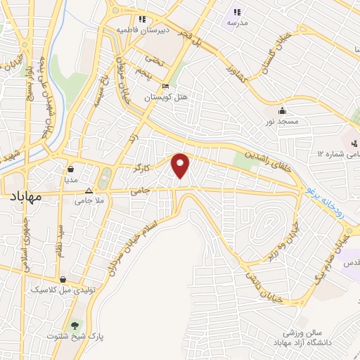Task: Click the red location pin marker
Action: click(181, 164)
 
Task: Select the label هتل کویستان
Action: click(163, 98)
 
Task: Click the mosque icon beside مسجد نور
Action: click(283, 110)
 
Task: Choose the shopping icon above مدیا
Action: click(71, 169)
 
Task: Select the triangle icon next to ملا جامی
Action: click(89, 191)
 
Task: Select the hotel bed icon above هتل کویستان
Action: click(165, 86)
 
